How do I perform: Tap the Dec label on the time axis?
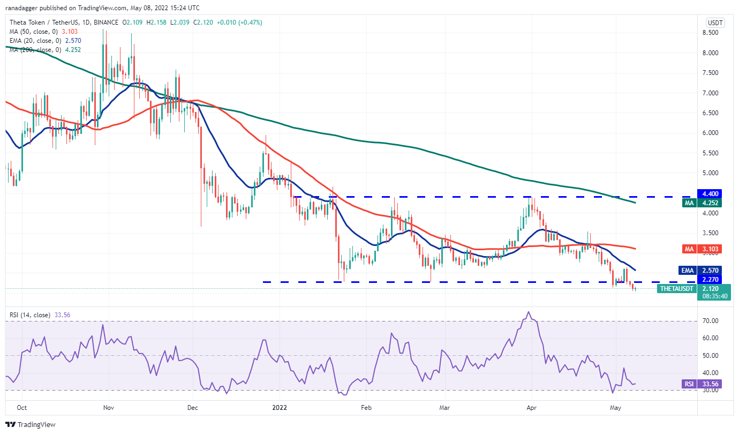(193, 408)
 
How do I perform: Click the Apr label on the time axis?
(531, 408)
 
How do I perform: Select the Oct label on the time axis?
(21, 408)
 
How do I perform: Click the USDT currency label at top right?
(715, 23)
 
